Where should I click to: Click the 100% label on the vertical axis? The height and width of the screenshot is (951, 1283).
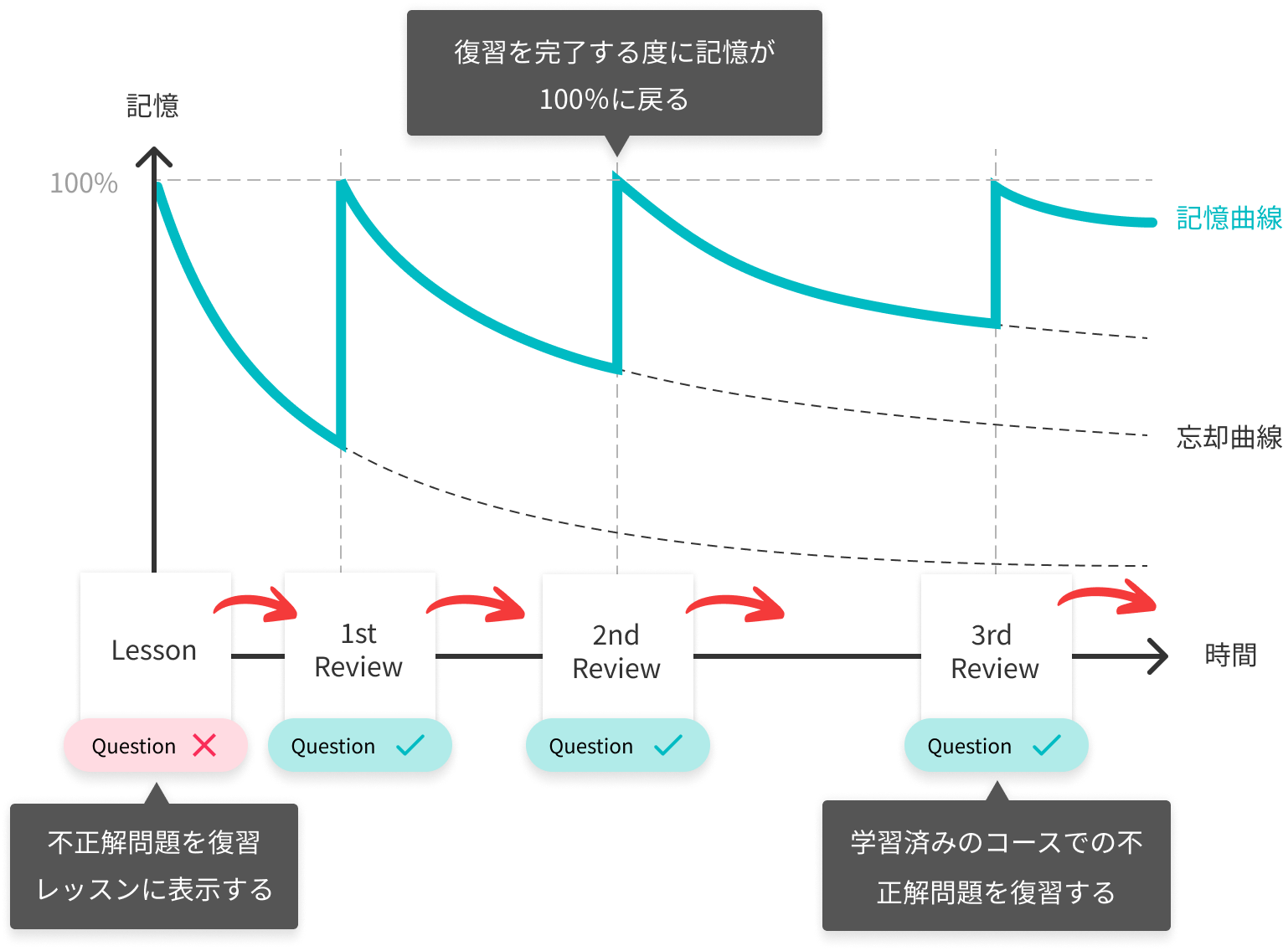tap(84, 183)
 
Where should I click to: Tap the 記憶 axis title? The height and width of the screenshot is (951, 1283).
tap(152, 106)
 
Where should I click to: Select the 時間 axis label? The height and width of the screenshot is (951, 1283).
tap(1230, 655)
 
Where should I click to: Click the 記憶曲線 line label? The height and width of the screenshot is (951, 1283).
tap(1228, 218)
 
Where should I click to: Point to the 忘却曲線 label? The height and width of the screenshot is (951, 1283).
tap(1228, 437)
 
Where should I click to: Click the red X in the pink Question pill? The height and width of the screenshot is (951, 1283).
tap(204, 745)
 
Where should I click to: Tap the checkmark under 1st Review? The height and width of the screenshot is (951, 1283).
tap(410, 744)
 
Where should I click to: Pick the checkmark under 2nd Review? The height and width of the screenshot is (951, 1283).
tap(667, 744)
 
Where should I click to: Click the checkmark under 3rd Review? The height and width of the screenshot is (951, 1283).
tap(1047, 744)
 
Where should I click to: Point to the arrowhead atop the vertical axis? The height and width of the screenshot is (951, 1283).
tap(154, 157)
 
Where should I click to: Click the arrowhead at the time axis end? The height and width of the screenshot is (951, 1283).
tap(1158, 656)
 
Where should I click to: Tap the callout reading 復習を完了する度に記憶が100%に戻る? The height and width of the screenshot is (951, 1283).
tap(615, 75)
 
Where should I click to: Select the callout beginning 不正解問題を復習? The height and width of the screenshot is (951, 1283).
tap(154, 866)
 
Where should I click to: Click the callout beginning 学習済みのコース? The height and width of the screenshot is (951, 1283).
tap(996, 866)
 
